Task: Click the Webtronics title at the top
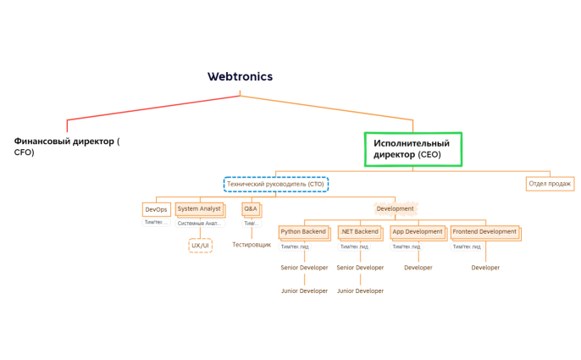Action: [x=240, y=76]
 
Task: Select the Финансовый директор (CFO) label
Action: [x=66, y=147]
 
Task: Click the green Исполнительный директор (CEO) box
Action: [x=412, y=149]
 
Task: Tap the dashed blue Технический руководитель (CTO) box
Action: [x=275, y=184]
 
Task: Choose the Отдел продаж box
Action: [x=550, y=184]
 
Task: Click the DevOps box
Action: [x=156, y=209]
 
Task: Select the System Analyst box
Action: [x=199, y=209]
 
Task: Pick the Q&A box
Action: [x=251, y=208]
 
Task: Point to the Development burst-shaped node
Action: [x=395, y=208]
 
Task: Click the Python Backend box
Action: [x=303, y=232]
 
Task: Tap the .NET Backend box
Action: [x=359, y=232]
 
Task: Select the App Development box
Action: [x=418, y=232]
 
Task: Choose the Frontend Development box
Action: [x=484, y=232]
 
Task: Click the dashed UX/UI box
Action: [x=200, y=246]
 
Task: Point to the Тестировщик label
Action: [x=252, y=245]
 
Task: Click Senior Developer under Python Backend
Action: [x=304, y=268]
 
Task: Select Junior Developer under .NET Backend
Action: [x=360, y=291]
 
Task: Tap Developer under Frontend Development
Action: [x=485, y=268]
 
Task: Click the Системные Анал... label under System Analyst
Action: [x=200, y=224]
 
